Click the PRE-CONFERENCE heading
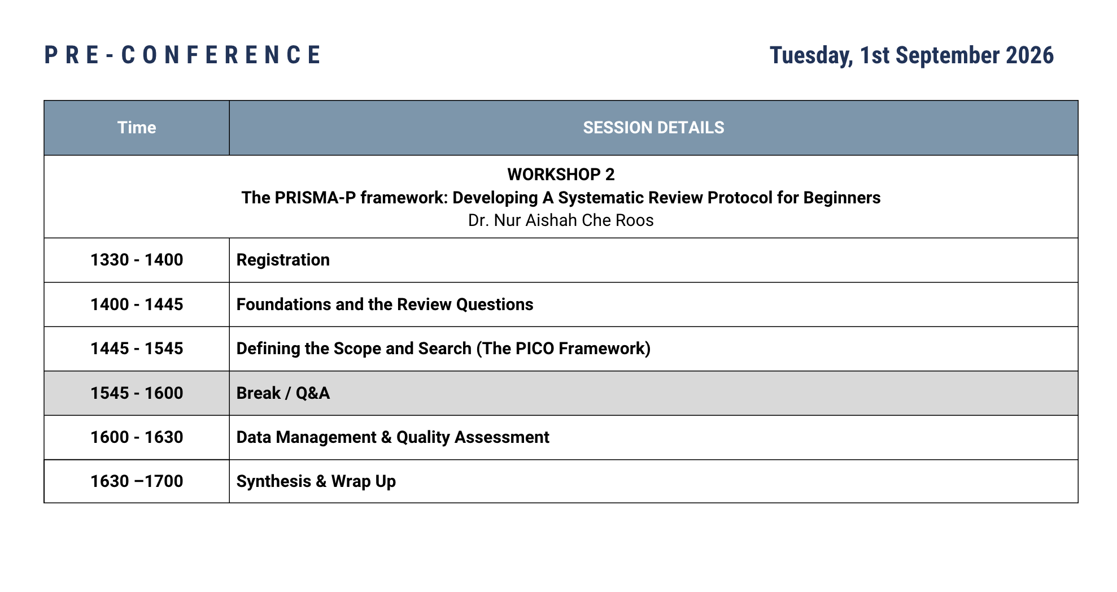point(182,55)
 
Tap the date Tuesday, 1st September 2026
point(911,55)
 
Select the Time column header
point(137,128)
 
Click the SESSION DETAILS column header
point(653,128)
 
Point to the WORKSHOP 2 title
point(561,175)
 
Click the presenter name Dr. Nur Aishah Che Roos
point(561,220)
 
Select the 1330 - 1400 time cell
point(137,260)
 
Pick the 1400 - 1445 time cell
point(137,304)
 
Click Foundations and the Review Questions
point(385,304)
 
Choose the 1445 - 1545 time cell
point(137,349)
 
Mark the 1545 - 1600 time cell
point(137,393)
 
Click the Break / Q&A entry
point(283,393)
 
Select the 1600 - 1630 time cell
point(137,437)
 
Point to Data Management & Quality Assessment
point(392,437)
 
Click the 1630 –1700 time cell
point(137,481)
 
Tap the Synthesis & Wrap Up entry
point(316,481)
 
